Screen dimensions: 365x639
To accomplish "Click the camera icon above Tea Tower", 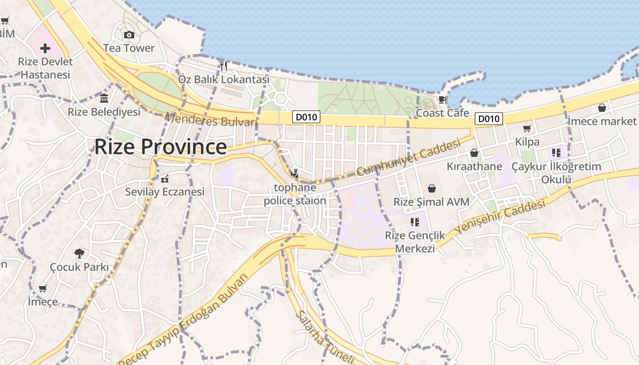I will pos(129,35).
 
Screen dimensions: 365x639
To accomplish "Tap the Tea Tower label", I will pos(129,48).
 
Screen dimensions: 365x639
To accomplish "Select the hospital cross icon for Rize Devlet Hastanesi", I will pos(45,48).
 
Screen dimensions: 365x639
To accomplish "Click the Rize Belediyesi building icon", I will pos(104,99).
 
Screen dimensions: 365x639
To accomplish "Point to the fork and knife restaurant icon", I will pos(223,66).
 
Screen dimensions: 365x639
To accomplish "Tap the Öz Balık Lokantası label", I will pos(224,79).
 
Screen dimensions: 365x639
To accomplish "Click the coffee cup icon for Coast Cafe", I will pos(442,99).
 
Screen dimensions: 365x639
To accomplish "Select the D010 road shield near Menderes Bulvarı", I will pos(306,117).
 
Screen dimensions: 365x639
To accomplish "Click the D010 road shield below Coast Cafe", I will pos(488,119).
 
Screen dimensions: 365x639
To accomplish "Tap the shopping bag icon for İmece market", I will pos(602,108).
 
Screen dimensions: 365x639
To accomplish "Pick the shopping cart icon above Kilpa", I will pos(527,129).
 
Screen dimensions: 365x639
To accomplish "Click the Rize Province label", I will pos(160,147).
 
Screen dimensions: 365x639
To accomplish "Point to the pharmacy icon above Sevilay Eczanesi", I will pos(165,178).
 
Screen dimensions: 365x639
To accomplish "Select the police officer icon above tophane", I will pos(295,173).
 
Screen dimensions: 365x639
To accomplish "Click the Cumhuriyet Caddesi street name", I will pos(408,158).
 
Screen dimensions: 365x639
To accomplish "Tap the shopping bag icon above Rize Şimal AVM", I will pos(431,188).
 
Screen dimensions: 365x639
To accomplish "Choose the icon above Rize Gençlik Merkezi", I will pos(414,222).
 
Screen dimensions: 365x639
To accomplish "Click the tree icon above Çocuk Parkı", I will pos(79,253).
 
